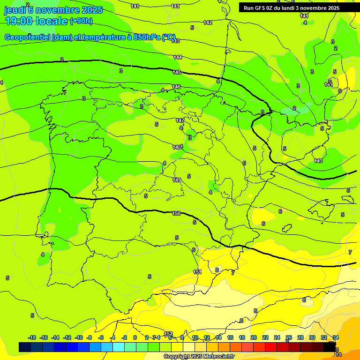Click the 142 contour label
coord(208,22)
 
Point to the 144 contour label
coord(178,57)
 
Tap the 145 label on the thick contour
coord(177,72)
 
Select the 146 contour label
coord(176,87)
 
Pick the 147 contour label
coord(180,120)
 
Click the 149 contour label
coord(177,180)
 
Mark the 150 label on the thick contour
coord(176,213)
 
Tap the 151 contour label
coord(197,272)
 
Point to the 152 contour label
coord(169,333)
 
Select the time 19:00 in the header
coord(19,21)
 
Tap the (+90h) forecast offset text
coord(81,21)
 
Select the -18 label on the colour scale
coord(32,337)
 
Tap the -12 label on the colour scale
coord(67,337)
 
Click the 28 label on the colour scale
coord(300,337)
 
